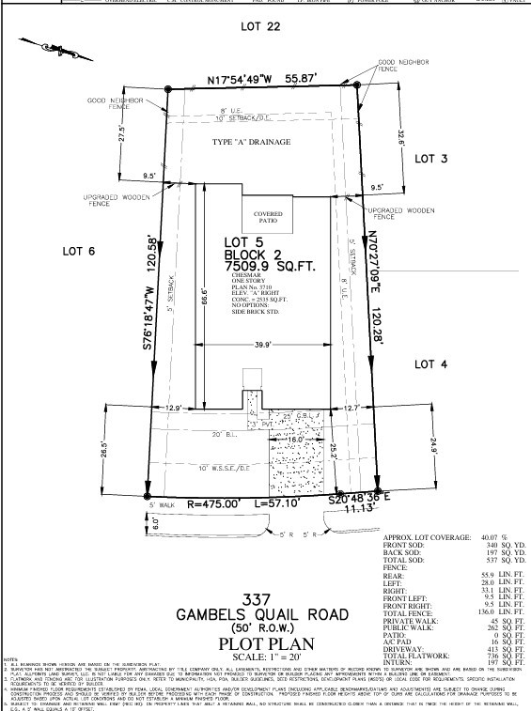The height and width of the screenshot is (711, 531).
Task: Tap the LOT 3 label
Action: click(x=431, y=160)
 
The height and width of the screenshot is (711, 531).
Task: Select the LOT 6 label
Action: click(x=81, y=251)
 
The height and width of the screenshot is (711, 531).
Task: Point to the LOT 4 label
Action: click(x=433, y=363)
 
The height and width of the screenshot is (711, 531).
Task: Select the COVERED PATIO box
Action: click(x=268, y=217)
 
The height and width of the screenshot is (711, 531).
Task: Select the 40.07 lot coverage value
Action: click(x=484, y=534)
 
